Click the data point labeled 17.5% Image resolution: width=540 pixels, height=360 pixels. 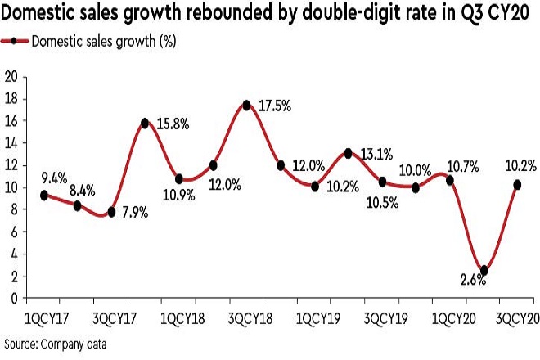pyautogui.click(x=246, y=105)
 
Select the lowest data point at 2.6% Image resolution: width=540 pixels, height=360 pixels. pyautogui.click(x=484, y=270)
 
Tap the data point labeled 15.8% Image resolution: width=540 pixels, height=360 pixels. pyautogui.click(x=145, y=123)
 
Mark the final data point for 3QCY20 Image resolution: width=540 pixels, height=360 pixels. pyautogui.click(x=518, y=185)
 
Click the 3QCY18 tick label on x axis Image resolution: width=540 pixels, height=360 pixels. pyautogui.click(x=246, y=317)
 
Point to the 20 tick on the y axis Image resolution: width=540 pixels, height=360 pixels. pyautogui.click(x=11, y=77)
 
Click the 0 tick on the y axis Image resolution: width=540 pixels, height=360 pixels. pyautogui.click(x=15, y=299)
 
